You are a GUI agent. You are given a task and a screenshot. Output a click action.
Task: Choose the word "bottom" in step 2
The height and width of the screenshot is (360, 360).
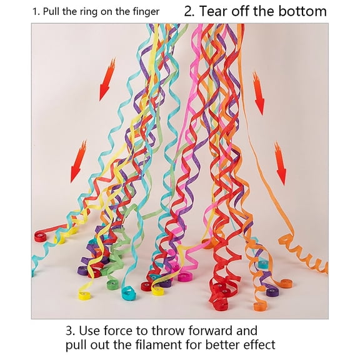coord(302,11)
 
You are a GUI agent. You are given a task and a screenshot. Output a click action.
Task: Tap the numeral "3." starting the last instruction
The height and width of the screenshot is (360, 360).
coord(70,329)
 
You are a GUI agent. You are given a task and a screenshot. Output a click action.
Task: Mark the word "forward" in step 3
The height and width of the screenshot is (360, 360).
coord(215,329)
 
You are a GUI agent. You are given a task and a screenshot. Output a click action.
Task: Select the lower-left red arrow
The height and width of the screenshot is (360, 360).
coord(79,161)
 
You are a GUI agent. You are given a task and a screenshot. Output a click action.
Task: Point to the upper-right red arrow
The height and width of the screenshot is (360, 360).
coord(257,92)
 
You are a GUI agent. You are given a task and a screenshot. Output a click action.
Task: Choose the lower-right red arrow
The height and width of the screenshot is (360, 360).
coord(279,162)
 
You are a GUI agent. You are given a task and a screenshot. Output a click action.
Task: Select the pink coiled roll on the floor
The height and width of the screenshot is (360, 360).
coord(184,275)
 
